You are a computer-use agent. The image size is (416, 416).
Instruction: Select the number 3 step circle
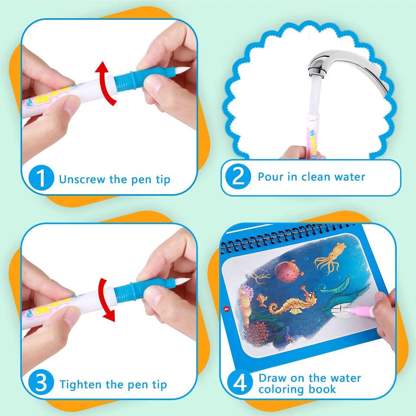tap(42, 384)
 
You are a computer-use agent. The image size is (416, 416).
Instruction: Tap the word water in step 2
tap(350, 176)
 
